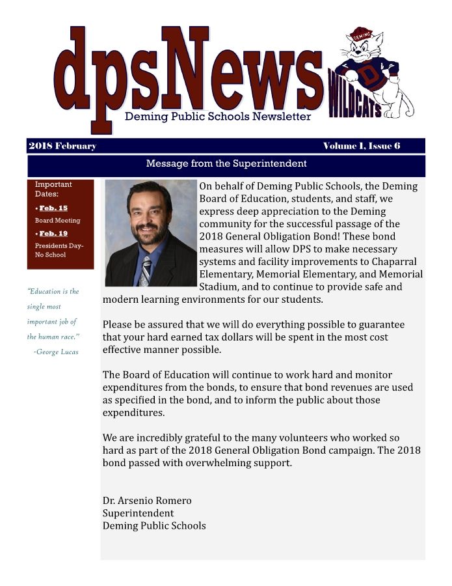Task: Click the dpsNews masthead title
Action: [x=189, y=72]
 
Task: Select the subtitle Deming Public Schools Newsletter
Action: [x=218, y=117]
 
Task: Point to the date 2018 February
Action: [x=62, y=146]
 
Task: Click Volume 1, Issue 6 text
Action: [x=361, y=146]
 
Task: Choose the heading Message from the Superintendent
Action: [x=226, y=163]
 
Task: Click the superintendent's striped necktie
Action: [x=145, y=270]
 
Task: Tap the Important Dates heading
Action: [x=53, y=189]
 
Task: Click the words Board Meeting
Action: [x=57, y=221]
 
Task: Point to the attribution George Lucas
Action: [x=56, y=352]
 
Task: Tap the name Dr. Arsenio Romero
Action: [x=147, y=501]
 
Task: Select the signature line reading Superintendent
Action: [x=138, y=513]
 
